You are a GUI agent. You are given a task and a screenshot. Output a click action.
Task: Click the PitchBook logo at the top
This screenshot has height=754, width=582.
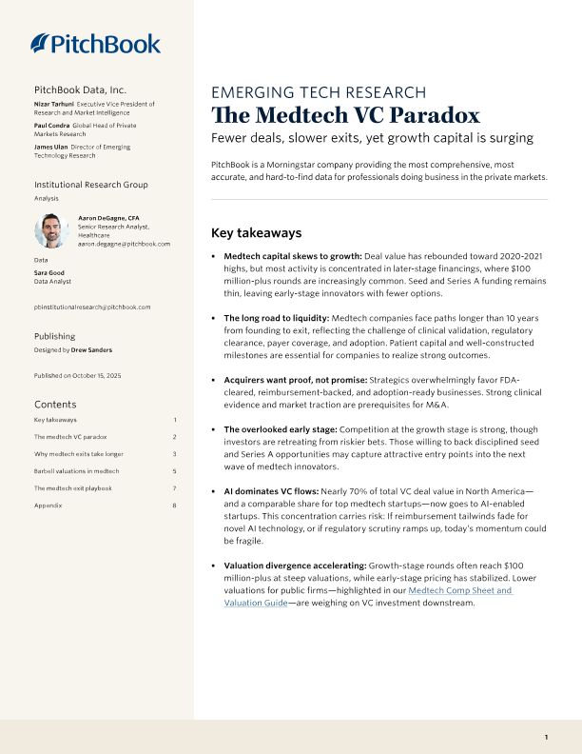click(x=95, y=43)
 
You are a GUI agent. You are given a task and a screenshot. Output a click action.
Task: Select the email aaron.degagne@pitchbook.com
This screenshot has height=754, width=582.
click(x=124, y=244)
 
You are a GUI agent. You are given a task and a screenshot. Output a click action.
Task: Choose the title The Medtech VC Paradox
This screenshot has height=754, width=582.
click(x=345, y=116)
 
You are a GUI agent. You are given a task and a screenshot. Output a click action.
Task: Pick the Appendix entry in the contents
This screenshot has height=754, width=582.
click(x=48, y=505)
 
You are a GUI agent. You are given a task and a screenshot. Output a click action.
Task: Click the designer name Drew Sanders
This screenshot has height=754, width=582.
click(x=92, y=349)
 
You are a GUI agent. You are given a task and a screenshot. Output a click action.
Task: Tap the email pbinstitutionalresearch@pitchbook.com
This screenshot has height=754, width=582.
click(x=92, y=307)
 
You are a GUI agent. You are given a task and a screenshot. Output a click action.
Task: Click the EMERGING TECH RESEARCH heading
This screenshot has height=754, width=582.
click(x=318, y=92)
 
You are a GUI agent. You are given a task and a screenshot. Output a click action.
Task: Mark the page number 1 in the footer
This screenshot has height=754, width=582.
click(x=546, y=737)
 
